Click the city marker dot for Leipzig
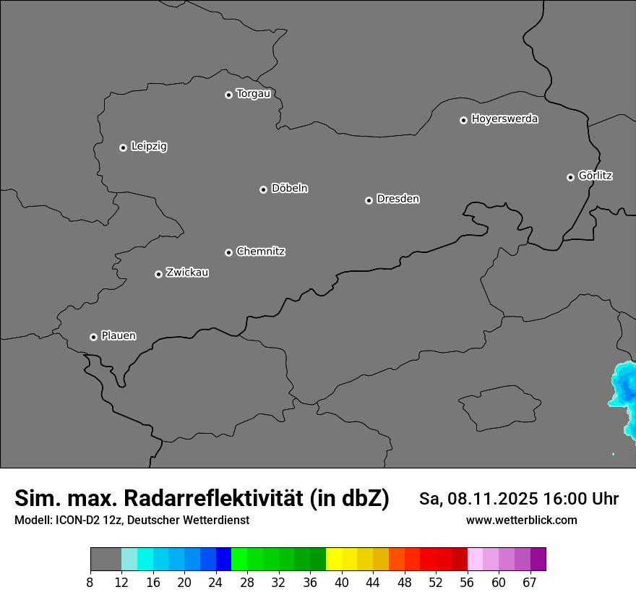[x=123, y=147]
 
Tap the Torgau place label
[x=253, y=94]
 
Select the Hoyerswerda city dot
[x=463, y=120]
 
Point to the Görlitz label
[x=596, y=176]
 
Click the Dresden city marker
[x=369, y=200]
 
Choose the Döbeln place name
[x=289, y=189]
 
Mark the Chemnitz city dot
[x=228, y=252]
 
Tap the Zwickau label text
[x=187, y=273]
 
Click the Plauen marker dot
[x=93, y=337]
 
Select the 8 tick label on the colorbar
[x=90, y=583]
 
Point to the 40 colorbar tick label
[x=341, y=583]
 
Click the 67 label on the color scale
[x=530, y=583]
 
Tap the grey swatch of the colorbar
[x=106, y=560]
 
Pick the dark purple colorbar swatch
[x=538, y=560]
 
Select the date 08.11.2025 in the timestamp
[x=491, y=499]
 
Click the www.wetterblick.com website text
[x=521, y=520]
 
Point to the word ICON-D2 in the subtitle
[x=76, y=520]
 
